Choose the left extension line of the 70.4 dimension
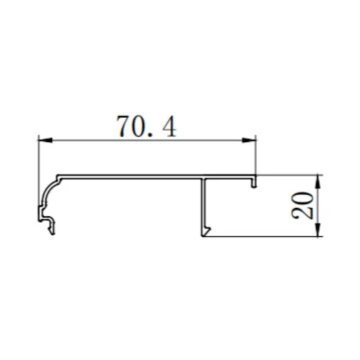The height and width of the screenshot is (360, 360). pyautogui.click(x=37, y=158)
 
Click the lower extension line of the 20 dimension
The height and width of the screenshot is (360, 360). pyautogui.click(x=266, y=236)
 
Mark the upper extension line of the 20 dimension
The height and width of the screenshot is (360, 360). pyautogui.click(x=288, y=174)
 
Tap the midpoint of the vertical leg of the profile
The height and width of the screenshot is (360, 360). pyautogui.click(x=204, y=205)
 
